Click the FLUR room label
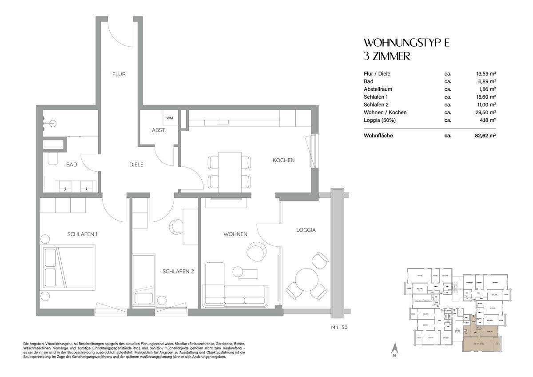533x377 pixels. (119, 74)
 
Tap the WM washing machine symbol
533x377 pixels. (170, 118)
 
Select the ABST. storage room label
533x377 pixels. (159, 131)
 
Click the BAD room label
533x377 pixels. (72, 164)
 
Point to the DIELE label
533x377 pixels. (136, 164)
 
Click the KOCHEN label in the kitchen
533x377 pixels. (283, 160)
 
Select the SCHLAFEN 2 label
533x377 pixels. (178, 271)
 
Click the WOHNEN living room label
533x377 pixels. (235, 234)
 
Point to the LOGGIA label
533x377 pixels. (306, 230)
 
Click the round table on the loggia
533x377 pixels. (306, 280)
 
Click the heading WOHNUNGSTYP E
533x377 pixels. (406, 43)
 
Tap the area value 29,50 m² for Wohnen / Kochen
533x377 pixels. (485, 112)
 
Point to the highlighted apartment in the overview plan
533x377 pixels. (482, 340)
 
